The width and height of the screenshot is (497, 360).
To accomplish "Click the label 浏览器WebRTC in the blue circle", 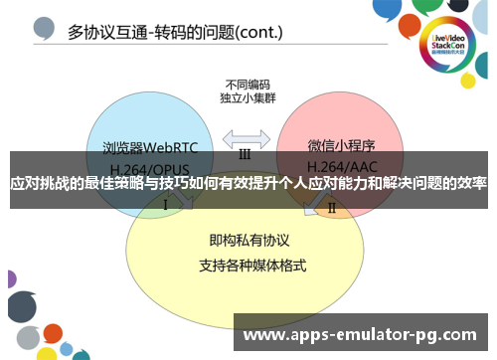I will [x=150, y=148].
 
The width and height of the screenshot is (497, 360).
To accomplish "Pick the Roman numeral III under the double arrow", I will [x=244, y=155].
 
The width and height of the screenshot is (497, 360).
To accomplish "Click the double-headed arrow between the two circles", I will [x=244, y=137].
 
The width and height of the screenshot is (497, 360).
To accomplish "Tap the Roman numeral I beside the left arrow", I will [x=165, y=204].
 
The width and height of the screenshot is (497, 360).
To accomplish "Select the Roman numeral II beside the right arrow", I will [x=332, y=208].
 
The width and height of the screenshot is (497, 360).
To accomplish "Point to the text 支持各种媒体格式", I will [x=244, y=266].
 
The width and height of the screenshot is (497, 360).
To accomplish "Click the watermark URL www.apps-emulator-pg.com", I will [x=359, y=335].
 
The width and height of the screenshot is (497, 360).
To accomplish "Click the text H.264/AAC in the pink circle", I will [x=339, y=166].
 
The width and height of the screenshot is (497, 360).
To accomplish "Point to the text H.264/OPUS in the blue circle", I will [x=149, y=166].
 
